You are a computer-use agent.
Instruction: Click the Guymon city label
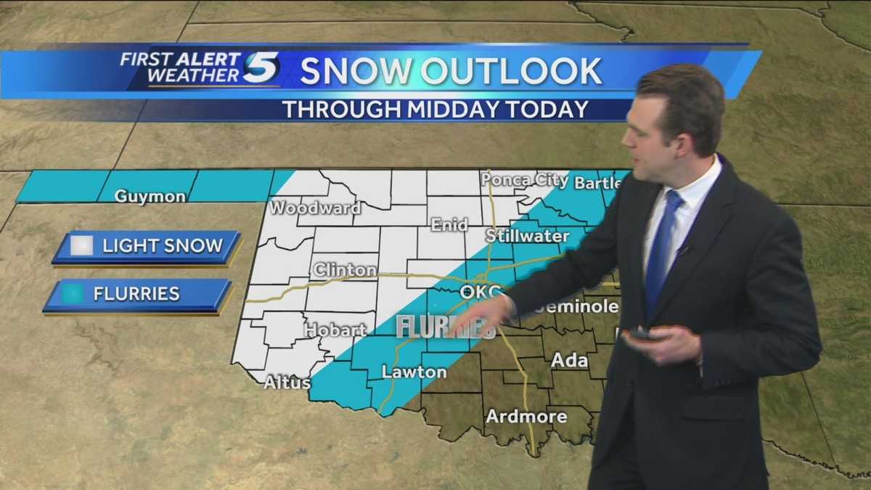pos(150,196)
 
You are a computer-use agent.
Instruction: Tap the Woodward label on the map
pos(315,208)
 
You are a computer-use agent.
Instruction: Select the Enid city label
pos(449,224)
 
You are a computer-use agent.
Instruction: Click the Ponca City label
pos(525,179)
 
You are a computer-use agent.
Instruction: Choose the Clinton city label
pos(345,270)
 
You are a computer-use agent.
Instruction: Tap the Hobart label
pos(335,330)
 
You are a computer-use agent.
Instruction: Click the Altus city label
pos(287,383)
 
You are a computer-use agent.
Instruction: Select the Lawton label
pos(414,372)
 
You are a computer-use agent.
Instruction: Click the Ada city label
pos(569,359)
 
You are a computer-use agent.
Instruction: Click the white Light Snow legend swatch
pos(82,246)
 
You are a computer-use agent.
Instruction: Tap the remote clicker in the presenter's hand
pos(642,333)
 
